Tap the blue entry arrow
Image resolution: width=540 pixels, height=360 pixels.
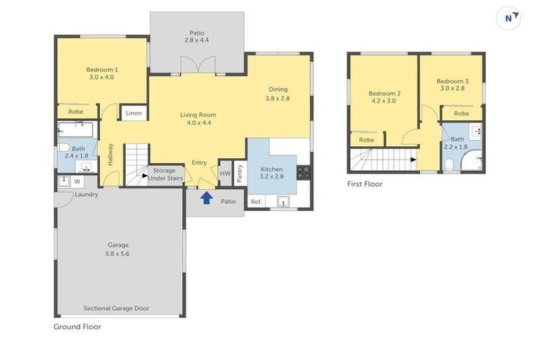[x=207, y=198]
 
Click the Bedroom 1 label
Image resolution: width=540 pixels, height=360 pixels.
[x=102, y=70]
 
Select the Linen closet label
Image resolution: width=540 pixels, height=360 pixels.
[x=134, y=113]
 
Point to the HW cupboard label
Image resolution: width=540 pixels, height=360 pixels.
[x=225, y=173]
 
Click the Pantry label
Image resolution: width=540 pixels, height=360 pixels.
[x=240, y=173]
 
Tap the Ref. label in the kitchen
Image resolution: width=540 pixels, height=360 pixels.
[x=256, y=202]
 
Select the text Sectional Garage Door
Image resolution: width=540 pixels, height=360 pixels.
[x=116, y=308]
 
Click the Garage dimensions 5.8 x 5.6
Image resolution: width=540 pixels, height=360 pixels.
[x=118, y=253]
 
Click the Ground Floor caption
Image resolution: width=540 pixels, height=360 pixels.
[x=77, y=327]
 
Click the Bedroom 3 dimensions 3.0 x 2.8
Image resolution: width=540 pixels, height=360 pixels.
[x=451, y=89]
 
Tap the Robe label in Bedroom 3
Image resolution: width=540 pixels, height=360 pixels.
[x=461, y=113]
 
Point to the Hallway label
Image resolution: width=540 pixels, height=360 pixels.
[x=110, y=154]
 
